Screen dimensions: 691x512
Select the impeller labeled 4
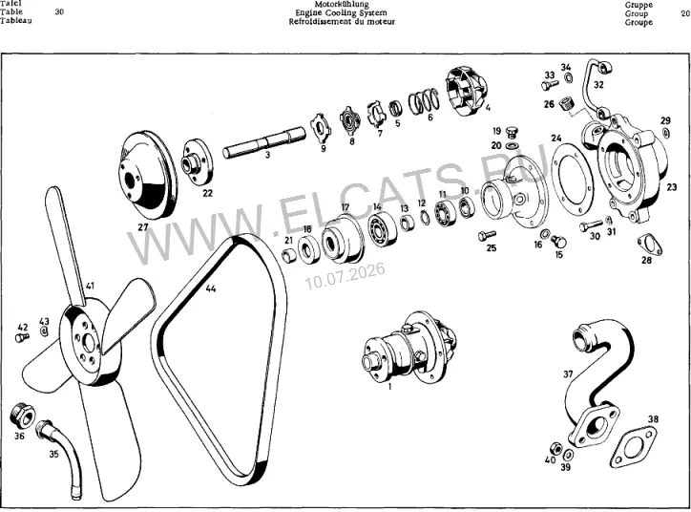click(467, 92)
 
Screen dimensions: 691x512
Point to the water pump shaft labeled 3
click(264, 142)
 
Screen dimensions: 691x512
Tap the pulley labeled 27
click(148, 174)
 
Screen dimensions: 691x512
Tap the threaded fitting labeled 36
click(22, 416)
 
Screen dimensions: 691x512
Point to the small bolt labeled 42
click(22, 338)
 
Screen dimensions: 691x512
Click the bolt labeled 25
click(487, 236)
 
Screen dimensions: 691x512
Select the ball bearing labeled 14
click(381, 229)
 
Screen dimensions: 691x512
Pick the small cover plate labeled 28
click(650, 245)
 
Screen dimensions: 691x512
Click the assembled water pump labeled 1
click(410, 348)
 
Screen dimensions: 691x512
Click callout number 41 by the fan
click(90, 286)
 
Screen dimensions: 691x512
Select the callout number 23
click(671, 187)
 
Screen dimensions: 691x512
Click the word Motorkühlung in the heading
click(342, 5)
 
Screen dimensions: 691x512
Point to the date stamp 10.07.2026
click(345, 276)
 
